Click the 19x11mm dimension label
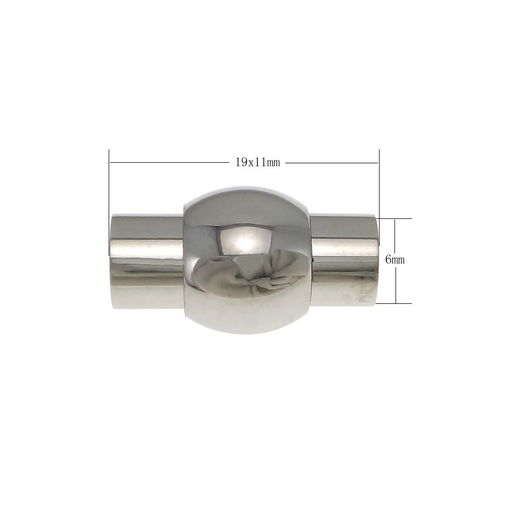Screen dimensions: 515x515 pos(257,162)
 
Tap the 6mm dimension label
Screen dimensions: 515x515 pos(395,260)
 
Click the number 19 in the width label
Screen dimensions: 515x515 pos(241,162)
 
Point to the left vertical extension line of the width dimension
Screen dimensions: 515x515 pos(109,202)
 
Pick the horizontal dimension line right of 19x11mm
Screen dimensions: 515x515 pos(332,162)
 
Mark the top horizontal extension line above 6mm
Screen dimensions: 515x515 pos(394,218)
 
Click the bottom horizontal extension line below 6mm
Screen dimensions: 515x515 pos(394,303)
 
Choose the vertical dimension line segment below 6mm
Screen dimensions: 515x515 pos(396,285)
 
